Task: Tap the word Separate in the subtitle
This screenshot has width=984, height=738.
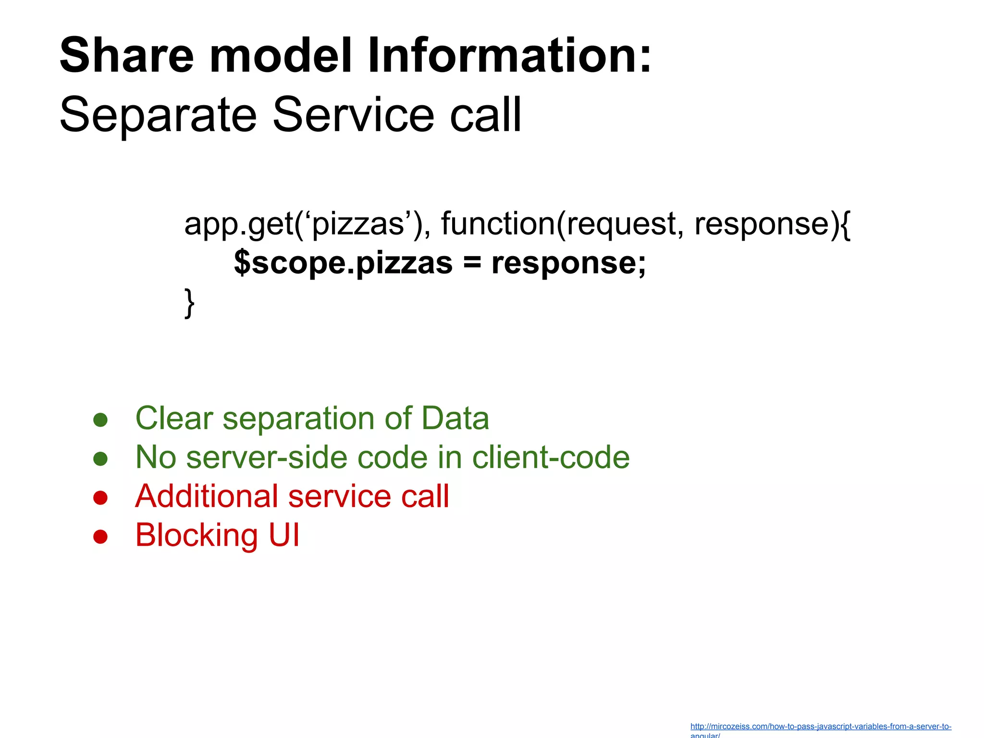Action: click(158, 115)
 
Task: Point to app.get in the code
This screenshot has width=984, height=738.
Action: click(238, 224)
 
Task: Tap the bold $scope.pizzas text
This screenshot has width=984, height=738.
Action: click(343, 263)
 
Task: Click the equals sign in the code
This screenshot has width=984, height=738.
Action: click(472, 263)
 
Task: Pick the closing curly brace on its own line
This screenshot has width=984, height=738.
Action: click(190, 303)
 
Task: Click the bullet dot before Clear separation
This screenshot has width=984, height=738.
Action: click(100, 420)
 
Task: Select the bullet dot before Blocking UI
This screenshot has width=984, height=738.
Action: click(100, 536)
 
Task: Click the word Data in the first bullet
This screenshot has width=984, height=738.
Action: click(455, 418)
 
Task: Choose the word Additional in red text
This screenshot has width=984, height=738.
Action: click(205, 496)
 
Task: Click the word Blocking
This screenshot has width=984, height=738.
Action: click(197, 535)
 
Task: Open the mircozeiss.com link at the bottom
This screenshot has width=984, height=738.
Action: click(820, 727)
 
